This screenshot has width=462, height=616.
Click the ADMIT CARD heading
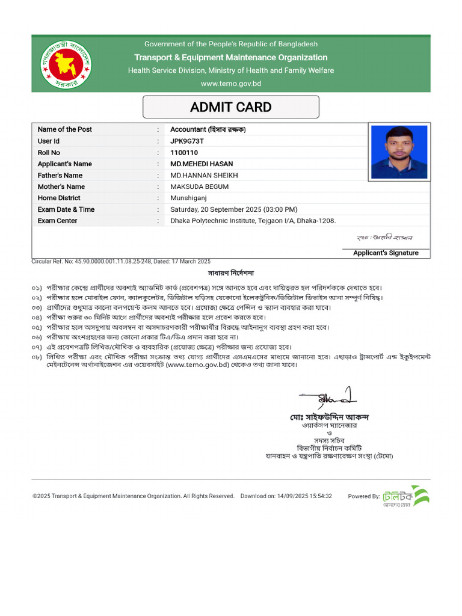pyautogui.click(x=230, y=107)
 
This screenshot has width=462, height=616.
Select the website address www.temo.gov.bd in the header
pyautogui.click(x=230, y=84)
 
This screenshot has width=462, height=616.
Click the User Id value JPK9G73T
pyautogui.click(x=187, y=141)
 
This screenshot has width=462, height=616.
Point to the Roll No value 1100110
pyautogui.click(x=184, y=153)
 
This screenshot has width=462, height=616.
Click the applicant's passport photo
pyautogui.click(x=399, y=152)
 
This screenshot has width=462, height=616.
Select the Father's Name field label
pyautogui.click(x=60, y=176)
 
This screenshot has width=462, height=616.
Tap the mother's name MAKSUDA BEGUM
pyautogui.click(x=199, y=187)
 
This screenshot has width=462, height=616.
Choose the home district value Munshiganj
pyautogui.click(x=188, y=198)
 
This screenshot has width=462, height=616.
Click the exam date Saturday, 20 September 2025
pyautogui.click(x=233, y=209)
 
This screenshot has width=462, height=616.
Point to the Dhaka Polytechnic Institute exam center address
pyautogui.click(x=253, y=221)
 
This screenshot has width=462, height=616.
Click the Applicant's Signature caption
pyautogui.click(x=386, y=253)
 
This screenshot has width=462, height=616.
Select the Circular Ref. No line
pyautogui.click(x=121, y=262)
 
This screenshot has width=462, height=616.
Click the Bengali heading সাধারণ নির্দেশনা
pyautogui.click(x=230, y=273)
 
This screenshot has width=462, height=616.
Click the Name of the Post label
pyautogui.click(x=65, y=130)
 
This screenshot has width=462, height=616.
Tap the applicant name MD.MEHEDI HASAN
pyautogui.click(x=202, y=164)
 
